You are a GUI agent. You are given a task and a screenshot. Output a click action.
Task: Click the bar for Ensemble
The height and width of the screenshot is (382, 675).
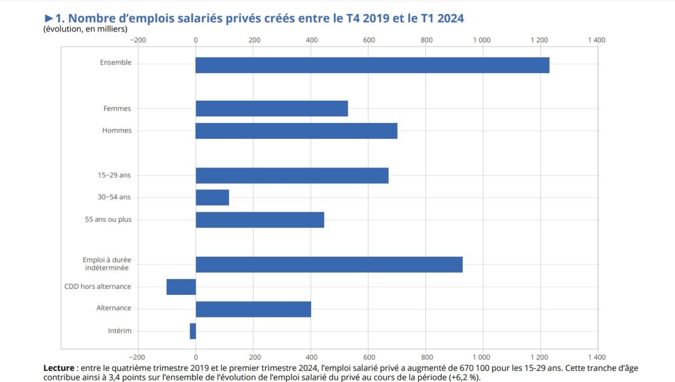coord(372,65)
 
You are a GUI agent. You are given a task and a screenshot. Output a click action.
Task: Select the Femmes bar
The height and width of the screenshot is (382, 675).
coord(272,108)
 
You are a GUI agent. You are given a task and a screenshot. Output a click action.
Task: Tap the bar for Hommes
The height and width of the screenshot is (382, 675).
coord(296,131)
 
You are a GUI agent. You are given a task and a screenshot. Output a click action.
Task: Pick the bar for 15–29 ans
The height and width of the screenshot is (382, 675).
coord(292,175)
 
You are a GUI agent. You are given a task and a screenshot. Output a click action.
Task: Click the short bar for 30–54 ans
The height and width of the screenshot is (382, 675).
coord(212,198)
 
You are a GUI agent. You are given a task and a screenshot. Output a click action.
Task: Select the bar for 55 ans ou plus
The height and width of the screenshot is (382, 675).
coord(260,220)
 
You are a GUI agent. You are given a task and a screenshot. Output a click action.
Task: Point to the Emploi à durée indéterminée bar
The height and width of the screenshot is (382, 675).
coord(329,264)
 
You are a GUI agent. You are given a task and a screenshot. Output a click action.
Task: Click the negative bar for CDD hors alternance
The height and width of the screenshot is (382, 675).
coord(181,286)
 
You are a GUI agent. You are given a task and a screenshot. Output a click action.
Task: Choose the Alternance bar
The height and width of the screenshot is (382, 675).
coord(253,309)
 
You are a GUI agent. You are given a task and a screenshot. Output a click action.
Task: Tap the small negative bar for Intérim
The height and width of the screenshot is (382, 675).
coord(193,331)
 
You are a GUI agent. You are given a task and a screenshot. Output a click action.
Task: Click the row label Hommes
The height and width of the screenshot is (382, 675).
coord(117,131)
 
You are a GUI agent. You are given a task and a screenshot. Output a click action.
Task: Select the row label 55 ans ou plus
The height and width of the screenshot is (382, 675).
coord(104,220)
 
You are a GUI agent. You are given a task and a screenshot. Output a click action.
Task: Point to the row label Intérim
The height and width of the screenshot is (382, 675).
coord(120,331)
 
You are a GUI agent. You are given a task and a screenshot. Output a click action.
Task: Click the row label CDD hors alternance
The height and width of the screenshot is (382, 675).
coord(98,286)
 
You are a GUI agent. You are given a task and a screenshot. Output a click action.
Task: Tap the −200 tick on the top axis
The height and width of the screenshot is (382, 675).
coord(137,40)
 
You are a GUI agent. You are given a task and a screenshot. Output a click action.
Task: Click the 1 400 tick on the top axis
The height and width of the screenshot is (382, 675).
coord(596,40)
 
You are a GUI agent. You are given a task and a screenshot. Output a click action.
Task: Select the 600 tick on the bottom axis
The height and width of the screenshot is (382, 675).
coord(368,357)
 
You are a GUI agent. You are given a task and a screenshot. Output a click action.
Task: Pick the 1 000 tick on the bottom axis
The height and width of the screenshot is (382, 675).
coord(482,357)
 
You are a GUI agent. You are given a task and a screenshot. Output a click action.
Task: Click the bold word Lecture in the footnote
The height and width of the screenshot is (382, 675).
coord(58,368)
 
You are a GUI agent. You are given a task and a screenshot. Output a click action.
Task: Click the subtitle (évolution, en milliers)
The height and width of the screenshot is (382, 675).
coord(85,29)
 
